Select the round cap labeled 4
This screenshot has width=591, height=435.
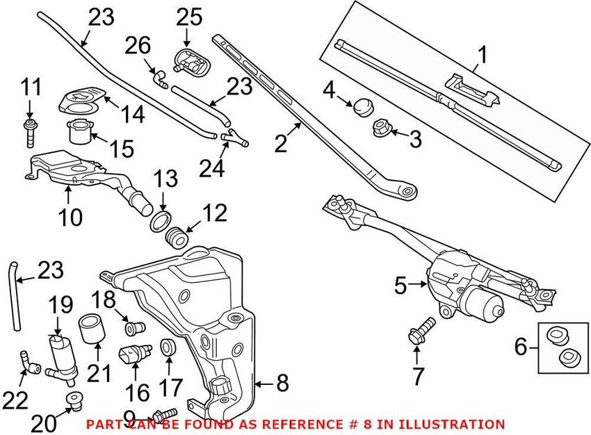pyautogui.click(x=362, y=106)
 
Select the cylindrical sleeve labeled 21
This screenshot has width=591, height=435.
pyautogui.click(x=90, y=327)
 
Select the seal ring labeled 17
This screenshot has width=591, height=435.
pyautogui.click(x=168, y=347)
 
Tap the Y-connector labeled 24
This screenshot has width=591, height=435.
pyautogui.click(x=234, y=138)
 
